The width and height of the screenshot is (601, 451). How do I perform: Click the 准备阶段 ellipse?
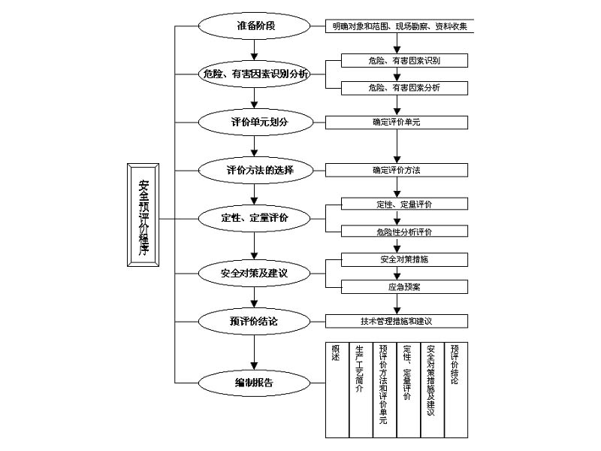pyautogui.click(x=255, y=26)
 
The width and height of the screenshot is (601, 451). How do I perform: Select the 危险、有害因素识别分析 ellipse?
pyautogui.click(x=255, y=74)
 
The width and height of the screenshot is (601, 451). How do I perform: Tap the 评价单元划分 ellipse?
pyautogui.click(x=255, y=121)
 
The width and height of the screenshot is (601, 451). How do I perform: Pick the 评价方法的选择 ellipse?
pyautogui.click(x=255, y=170)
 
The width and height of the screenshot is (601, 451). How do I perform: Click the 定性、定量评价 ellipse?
pyautogui.click(x=255, y=218)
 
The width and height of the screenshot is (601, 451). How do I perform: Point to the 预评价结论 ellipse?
pyautogui.click(x=255, y=321)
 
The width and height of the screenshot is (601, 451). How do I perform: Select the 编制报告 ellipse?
pyautogui.click(x=255, y=383)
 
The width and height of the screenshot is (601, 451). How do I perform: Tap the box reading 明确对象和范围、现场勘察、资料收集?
pyautogui.click(x=400, y=26)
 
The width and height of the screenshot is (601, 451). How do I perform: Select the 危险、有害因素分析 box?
pyautogui.click(x=404, y=88)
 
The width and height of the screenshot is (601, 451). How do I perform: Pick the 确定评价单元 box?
pyautogui.click(x=396, y=121)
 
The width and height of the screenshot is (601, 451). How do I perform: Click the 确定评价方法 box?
pyautogui.click(x=396, y=170)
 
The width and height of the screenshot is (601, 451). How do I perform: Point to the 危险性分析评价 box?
pyautogui.click(x=404, y=232)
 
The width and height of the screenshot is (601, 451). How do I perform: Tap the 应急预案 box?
pyautogui.click(x=404, y=286)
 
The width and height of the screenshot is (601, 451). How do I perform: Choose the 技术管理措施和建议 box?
pyautogui.click(x=396, y=321)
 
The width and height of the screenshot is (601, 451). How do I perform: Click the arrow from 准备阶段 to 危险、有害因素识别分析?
pyautogui.click(x=255, y=48)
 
